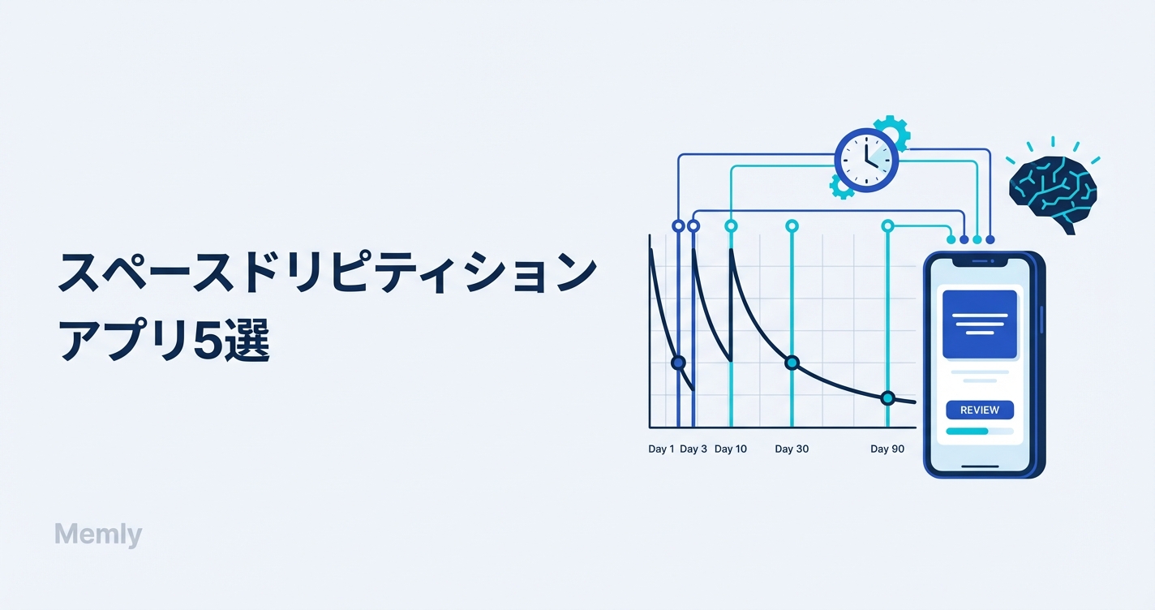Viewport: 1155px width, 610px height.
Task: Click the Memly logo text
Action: pyautogui.click(x=98, y=535)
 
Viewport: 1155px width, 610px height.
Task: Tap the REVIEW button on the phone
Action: pyautogui.click(x=980, y=410)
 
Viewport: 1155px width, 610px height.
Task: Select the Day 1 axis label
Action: pyautogui.click(x=661, y=449)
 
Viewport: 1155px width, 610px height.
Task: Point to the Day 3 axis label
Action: pyautogui.click(x=693, y=449)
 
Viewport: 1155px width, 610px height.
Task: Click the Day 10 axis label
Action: pyautogui.click(x=731, y=449)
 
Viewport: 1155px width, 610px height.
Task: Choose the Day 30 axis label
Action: pyautogui.click(x=792, y=449)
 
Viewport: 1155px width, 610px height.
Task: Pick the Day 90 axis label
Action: pyautogui.click(x=887, y=449)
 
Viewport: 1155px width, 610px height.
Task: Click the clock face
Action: pyautogui.click(x=866, y=161)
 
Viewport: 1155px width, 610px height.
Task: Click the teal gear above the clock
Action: pyautogui.click(x=893, y=131)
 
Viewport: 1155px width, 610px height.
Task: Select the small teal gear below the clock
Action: pyautogui.click(x=841, y=187)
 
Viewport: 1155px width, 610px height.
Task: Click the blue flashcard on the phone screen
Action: pyautogui.click(x=980, y=324)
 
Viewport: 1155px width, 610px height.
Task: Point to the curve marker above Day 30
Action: pyautogui.click(x=792, y=363)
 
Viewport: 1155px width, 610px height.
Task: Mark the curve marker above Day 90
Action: pyautogui.click(x=887, y=398)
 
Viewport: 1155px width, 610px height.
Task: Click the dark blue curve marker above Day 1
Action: pyautogui.click(x=679, y=363)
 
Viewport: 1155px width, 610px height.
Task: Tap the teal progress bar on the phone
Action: pyautogui.click(x=967, y=432)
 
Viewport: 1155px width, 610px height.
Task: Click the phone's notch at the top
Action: pyautogui.click(x=980, y=262)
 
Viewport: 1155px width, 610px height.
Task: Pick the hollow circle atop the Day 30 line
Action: pyautogui.click(x=792, y=226)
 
